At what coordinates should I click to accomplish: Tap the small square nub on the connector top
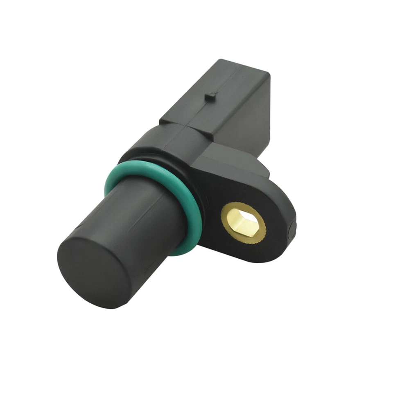click(x=211, y=97)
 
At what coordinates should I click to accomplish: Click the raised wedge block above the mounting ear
click(x=229, y=164)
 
